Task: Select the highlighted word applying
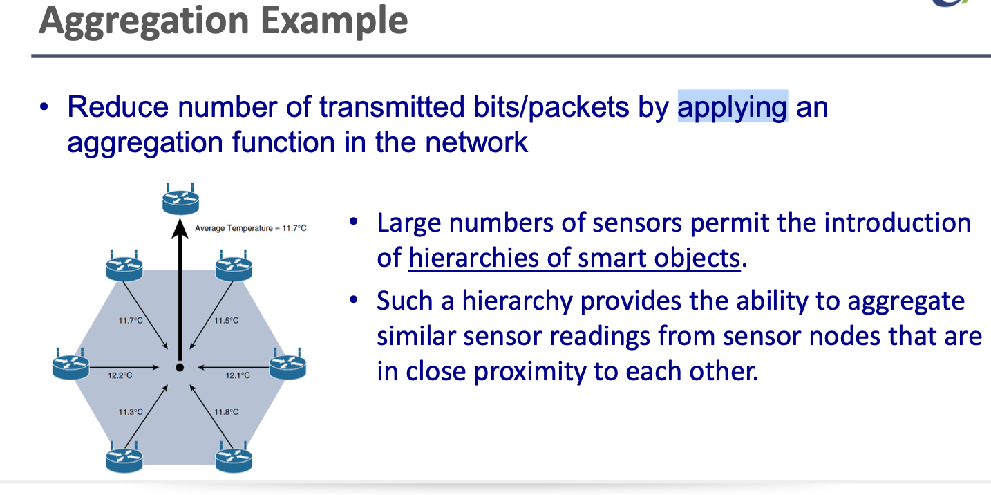point(732,108)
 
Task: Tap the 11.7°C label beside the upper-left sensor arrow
point(131,320)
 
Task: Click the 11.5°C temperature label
point(226,320)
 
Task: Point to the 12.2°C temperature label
point(120,375)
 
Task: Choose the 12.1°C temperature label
point(237,375)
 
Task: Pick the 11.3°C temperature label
point(130,412)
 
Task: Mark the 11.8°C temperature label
point(226,412)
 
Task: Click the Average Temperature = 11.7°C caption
point(250,228)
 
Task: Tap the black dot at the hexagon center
point(180,368)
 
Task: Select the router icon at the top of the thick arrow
point(180,200)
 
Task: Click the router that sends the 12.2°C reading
point(70,366)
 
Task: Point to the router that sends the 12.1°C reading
point(287,366)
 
